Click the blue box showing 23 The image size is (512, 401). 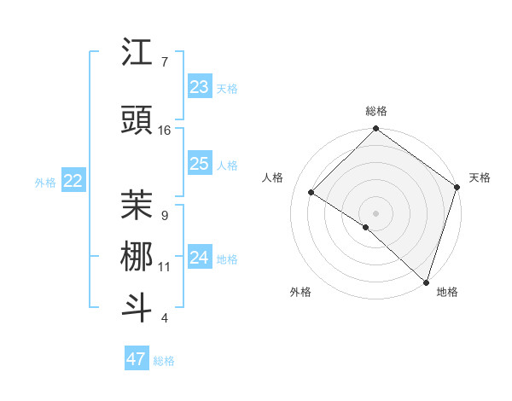[x=199, y=87]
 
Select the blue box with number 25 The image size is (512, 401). [x=199, y=164]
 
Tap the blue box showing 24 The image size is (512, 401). [x=199, y=257]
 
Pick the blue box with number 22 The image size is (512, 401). [x=73, y=181]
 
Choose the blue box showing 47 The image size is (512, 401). [x=136, y=359]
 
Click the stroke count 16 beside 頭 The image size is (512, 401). [x=165, y=131]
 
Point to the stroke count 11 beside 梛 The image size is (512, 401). [x=165, y=267]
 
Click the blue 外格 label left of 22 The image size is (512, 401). [x=45, y=182]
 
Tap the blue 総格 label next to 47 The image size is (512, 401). [x=164, y=361]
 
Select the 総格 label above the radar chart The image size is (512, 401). [x=375, y=112]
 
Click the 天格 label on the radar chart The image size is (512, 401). [x=480, y=177]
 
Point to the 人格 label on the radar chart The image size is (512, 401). [x=272, y=177]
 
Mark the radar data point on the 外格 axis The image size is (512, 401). [x=366, y=227]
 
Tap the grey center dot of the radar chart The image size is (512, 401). [x=375, y=212]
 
